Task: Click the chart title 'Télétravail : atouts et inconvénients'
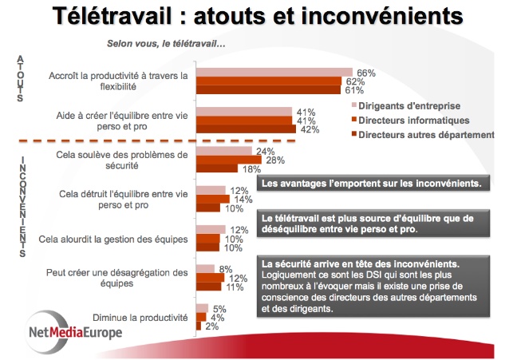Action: pos(255,17)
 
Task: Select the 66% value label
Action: pos(365,73)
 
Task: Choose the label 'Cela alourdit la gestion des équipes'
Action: pos(125,239)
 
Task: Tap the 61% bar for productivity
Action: pos(268,89)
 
